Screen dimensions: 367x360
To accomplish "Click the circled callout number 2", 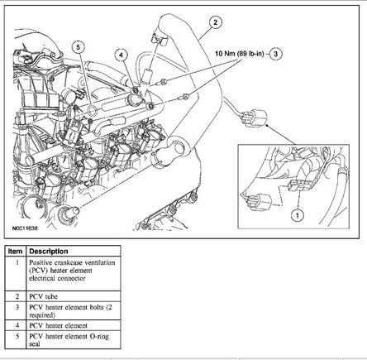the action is [215, 22].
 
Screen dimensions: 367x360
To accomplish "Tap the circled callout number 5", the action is [79, 47].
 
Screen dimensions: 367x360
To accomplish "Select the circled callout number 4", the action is [122, 55].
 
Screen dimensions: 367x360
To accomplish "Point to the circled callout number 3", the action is [275, 54].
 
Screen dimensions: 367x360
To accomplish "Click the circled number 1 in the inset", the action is [298, 215].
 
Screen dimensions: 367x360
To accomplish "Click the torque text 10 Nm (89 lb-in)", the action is [240, 54].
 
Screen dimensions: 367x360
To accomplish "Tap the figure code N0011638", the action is [25, 228].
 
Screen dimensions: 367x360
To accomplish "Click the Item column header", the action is [15, 252].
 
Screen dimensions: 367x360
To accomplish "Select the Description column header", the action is [49, 252].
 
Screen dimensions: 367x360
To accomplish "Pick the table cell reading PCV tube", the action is [44, 296].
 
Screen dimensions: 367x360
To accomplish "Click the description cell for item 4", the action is [58, 325].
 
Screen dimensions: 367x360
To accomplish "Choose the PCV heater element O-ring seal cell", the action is [69, 340].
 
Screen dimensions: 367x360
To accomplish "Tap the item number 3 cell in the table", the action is [17, 307].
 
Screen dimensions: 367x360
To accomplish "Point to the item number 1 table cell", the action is [17, 263].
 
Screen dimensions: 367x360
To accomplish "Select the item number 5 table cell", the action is [17, 336].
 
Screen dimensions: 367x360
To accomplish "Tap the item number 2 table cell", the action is [17, 296].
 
